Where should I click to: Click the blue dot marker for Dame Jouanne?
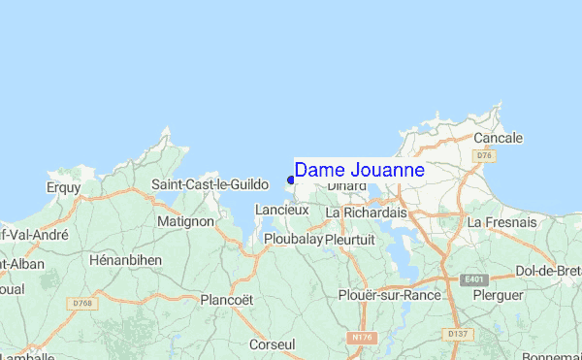click(290, 180)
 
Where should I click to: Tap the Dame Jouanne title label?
click(359, 171)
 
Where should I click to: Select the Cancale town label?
click(498, 138)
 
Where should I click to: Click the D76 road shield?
click(483, 155)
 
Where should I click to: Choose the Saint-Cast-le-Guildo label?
click(210, 184)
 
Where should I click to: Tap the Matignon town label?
click(184, 221)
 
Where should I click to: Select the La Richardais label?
click(366, 212)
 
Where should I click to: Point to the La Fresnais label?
click(501, 222)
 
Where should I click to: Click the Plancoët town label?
click(226, 300)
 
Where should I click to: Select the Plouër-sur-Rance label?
click(389, 295)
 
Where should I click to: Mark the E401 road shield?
click(474, 279)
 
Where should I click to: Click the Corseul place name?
click(272, 344)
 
